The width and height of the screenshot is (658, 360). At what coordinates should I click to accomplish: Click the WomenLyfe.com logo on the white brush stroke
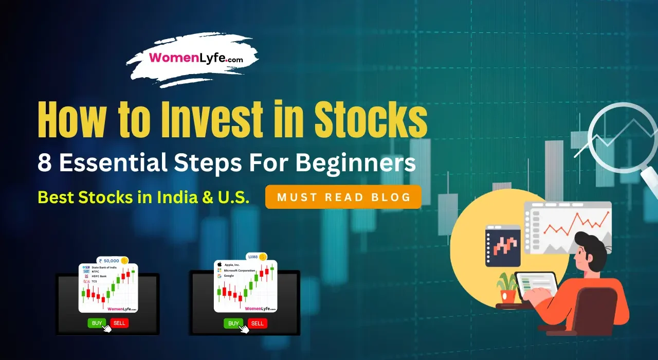click(x=196, y=58)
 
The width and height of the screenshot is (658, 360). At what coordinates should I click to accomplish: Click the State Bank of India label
click(x=106, y=267)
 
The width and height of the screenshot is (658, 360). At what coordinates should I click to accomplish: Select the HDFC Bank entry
click(x=99, y=276)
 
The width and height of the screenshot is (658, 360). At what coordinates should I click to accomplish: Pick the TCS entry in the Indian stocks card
click(x=94, y=281)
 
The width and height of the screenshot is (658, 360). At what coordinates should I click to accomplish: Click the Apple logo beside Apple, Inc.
click(x=220, y=264)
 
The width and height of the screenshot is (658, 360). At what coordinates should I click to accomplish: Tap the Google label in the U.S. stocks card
click(x=229, y=276)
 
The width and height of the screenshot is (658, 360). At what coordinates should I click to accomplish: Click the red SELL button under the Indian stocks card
click(x=119, y=323)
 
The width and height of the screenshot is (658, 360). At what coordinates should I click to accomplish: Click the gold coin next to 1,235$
click(x=263, y=257)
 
